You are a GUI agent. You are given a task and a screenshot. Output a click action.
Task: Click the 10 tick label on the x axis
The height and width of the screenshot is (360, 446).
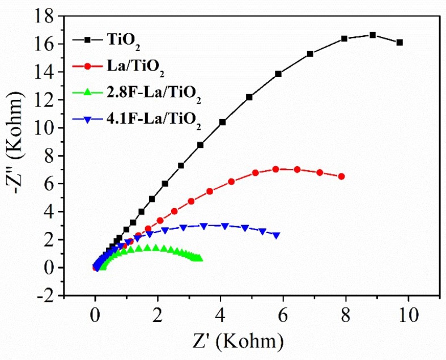coord(408,314)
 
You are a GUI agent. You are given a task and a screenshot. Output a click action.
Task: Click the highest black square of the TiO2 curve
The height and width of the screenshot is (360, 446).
coord(372,35)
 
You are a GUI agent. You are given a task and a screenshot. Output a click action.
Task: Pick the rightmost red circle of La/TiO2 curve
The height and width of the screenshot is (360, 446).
coord(341,177)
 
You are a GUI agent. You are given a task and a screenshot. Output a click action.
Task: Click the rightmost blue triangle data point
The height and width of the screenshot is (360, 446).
coord(276,235)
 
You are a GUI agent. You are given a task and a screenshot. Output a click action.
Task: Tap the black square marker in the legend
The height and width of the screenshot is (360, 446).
coord(87,40)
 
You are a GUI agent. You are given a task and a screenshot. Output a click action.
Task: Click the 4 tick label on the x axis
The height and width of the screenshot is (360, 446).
coord(220,314)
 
